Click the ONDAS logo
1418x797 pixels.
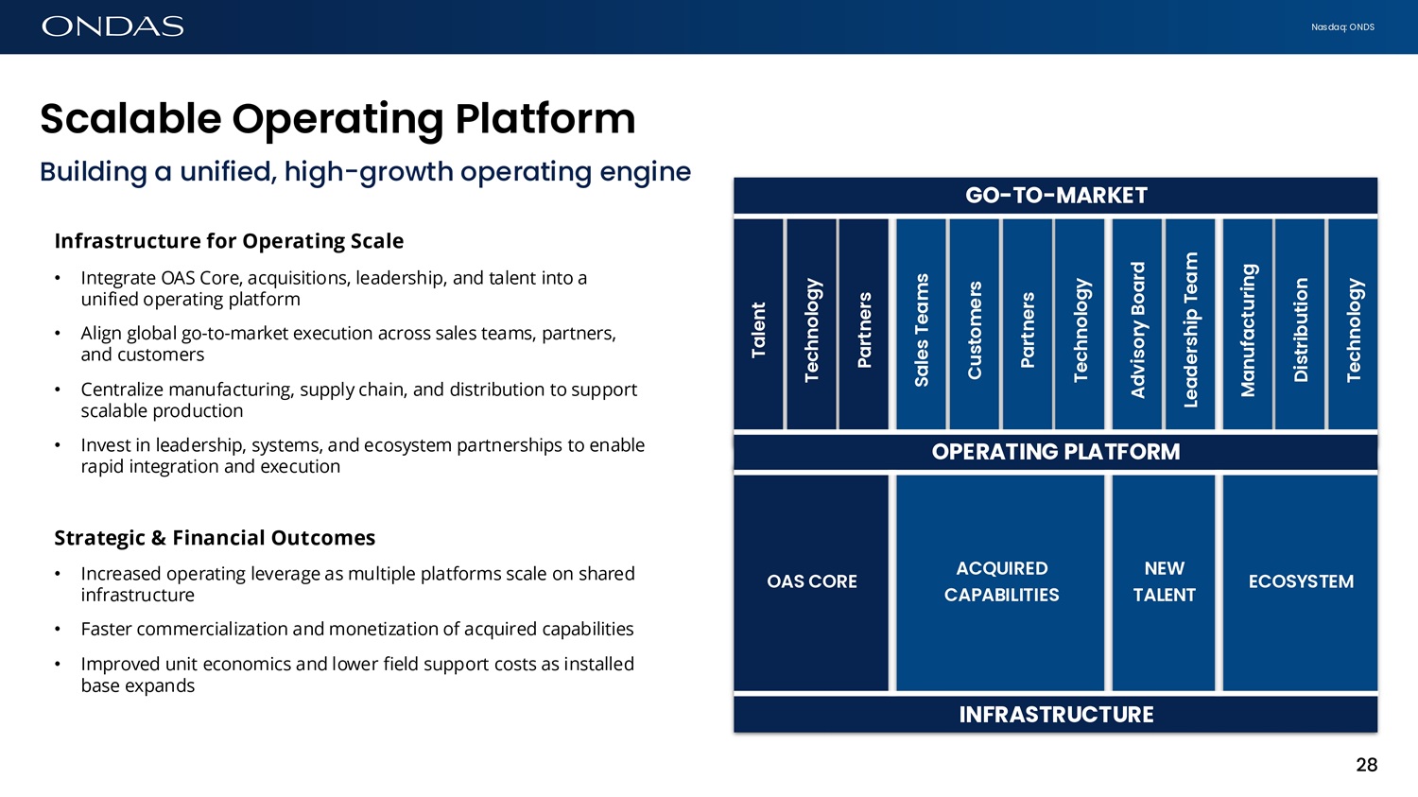pos(112,26)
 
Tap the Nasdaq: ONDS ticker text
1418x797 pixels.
pos(1342,27)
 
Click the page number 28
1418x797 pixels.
pos(1366,765)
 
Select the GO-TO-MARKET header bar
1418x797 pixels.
pos(1055,196)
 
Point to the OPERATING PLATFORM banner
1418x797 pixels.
pos(1055,452)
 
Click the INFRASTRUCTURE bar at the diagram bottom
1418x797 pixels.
pos(1055,715)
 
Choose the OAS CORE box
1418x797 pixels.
pos(811,582)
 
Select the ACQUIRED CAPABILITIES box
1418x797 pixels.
pos(1000,582)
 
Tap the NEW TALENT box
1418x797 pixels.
pos(1164,582)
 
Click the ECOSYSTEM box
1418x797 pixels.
pos(1300,582)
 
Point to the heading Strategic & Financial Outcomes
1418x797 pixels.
pos(215,538)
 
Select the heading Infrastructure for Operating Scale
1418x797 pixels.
pos(229,241)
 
